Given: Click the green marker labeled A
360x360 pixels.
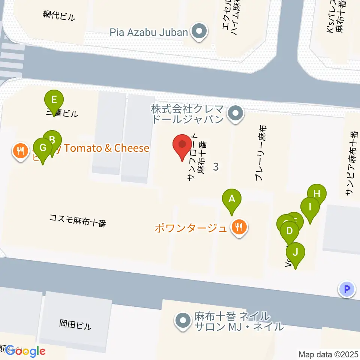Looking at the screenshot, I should (x=232, y=199).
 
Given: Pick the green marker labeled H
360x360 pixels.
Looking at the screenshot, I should (x=317, y=194).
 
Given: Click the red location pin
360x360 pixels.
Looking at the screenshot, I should (x=182, y=145).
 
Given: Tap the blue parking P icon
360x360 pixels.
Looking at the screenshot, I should (x=347, y=289).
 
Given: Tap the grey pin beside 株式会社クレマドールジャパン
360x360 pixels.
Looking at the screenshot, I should (x=235, y=113).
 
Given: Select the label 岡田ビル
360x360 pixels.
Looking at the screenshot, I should (x=75, y=324).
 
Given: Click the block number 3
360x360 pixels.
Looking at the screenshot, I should (x=216, y=167).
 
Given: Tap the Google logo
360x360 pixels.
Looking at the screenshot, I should (x=25, y=351).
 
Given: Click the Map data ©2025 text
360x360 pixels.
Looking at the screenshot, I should (x=329, y=354).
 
